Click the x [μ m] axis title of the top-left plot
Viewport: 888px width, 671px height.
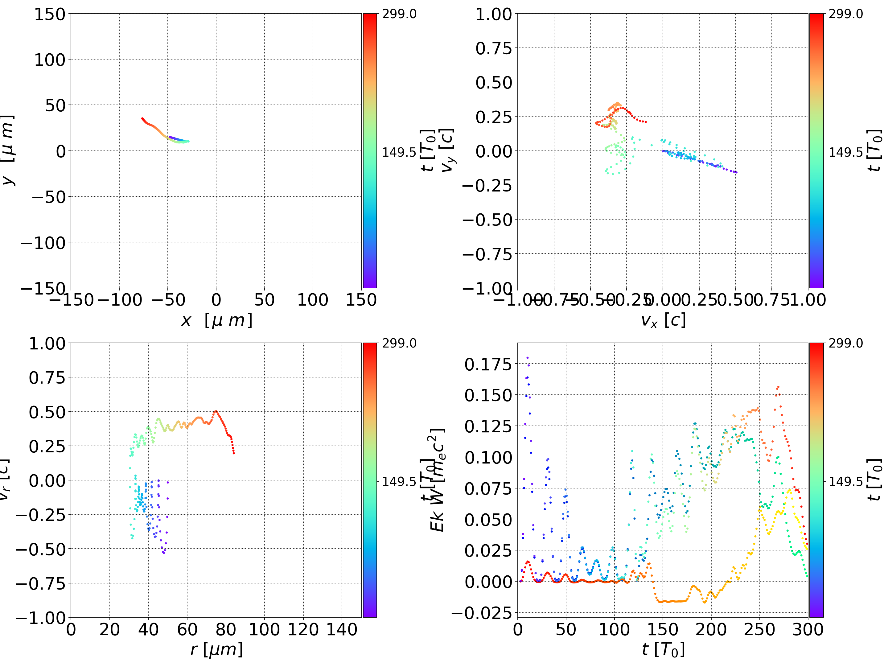[216, 320]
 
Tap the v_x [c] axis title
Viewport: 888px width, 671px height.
[663, 320]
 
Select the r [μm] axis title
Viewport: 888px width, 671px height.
[216, 649]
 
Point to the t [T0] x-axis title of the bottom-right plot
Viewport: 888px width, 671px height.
[663, 649]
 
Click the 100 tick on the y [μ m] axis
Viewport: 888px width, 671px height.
[49, 60]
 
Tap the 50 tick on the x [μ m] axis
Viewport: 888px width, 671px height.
[265, 300]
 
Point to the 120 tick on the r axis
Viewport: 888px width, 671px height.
[303, 629]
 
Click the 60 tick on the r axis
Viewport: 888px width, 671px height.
[187, 629]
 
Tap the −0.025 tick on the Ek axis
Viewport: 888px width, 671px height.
[482, 613]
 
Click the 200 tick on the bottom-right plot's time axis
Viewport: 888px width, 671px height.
[711, 629]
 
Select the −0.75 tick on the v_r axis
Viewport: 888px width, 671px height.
[40, 583]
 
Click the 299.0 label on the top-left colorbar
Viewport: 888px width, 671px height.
[399, 14]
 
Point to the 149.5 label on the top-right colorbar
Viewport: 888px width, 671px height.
[845, 152]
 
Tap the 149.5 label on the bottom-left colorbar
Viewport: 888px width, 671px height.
[399, 481]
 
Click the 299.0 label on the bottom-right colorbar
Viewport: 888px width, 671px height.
[845, 343]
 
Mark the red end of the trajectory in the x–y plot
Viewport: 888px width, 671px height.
[142, 118]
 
